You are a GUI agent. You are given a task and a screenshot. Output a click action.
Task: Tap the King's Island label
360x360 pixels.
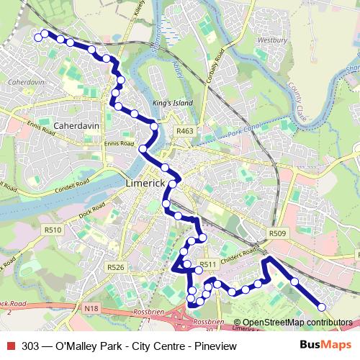[174, 103]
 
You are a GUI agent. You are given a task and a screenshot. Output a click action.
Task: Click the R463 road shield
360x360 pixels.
[185, 131]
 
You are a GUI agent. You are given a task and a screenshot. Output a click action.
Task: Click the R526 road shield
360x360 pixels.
[116, 266]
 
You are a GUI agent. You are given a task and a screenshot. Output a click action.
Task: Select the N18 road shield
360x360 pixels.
[91, 308]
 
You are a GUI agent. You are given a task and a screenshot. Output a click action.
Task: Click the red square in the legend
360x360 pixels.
[10, 346]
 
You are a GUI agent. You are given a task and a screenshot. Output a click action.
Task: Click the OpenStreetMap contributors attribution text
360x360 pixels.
[297, 323]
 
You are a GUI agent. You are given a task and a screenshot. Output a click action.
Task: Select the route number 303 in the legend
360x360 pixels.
[30, 346]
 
